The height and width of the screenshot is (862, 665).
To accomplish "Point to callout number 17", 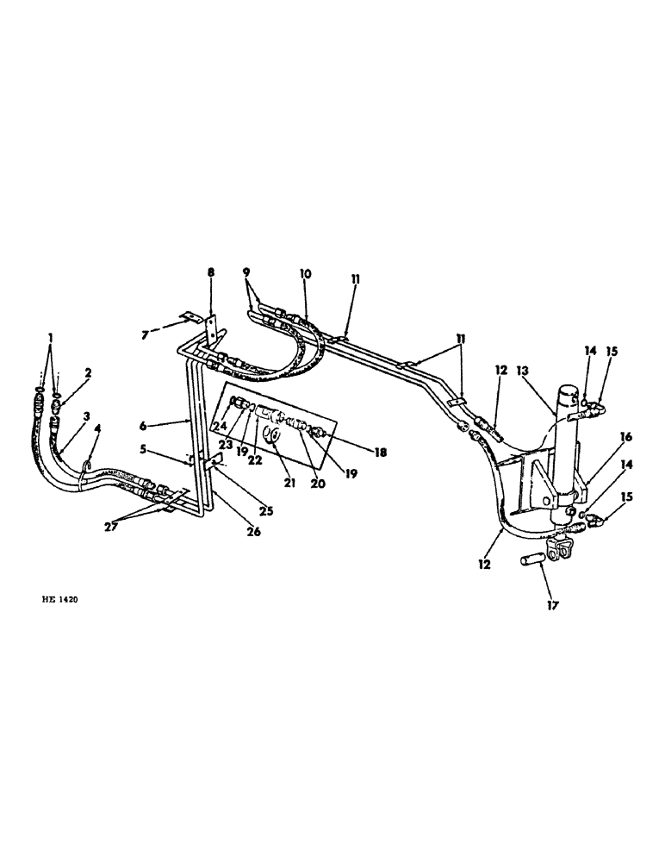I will [x=552, y=605].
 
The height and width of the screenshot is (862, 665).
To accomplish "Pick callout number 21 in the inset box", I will [x=289, y=483].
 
